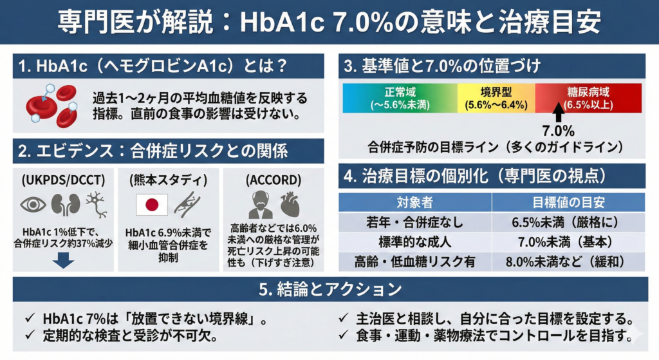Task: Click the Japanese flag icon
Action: click(153, 205)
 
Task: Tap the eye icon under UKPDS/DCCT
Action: click(33, 205)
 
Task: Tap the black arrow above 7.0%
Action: click(558, 113)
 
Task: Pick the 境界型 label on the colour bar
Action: click(496, 97)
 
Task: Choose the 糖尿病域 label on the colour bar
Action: click(588, 97)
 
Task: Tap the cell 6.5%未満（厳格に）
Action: click(568, 223)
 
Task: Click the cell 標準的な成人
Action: click(415, 242)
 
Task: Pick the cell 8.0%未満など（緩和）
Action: click(568, 261)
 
